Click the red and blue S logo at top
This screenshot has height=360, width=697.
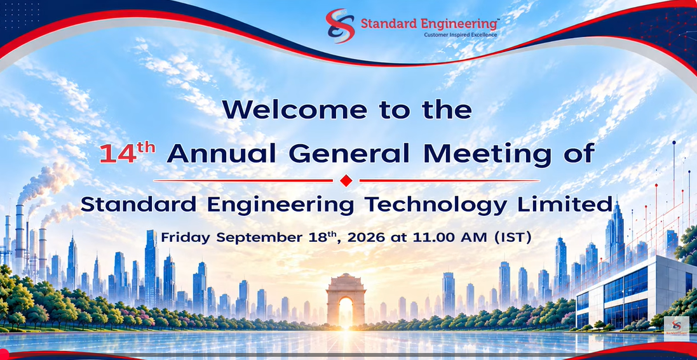(340, 26)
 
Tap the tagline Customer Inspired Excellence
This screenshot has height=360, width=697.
(461, 35)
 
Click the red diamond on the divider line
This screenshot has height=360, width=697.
(346, 180)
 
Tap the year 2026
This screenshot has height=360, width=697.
(366, 237)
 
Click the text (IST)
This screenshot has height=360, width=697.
(513, 237)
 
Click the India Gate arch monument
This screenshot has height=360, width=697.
(346, 300)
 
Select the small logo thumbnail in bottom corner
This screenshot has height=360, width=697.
(676, 328)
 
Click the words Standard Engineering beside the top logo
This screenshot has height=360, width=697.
(430, 23)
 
